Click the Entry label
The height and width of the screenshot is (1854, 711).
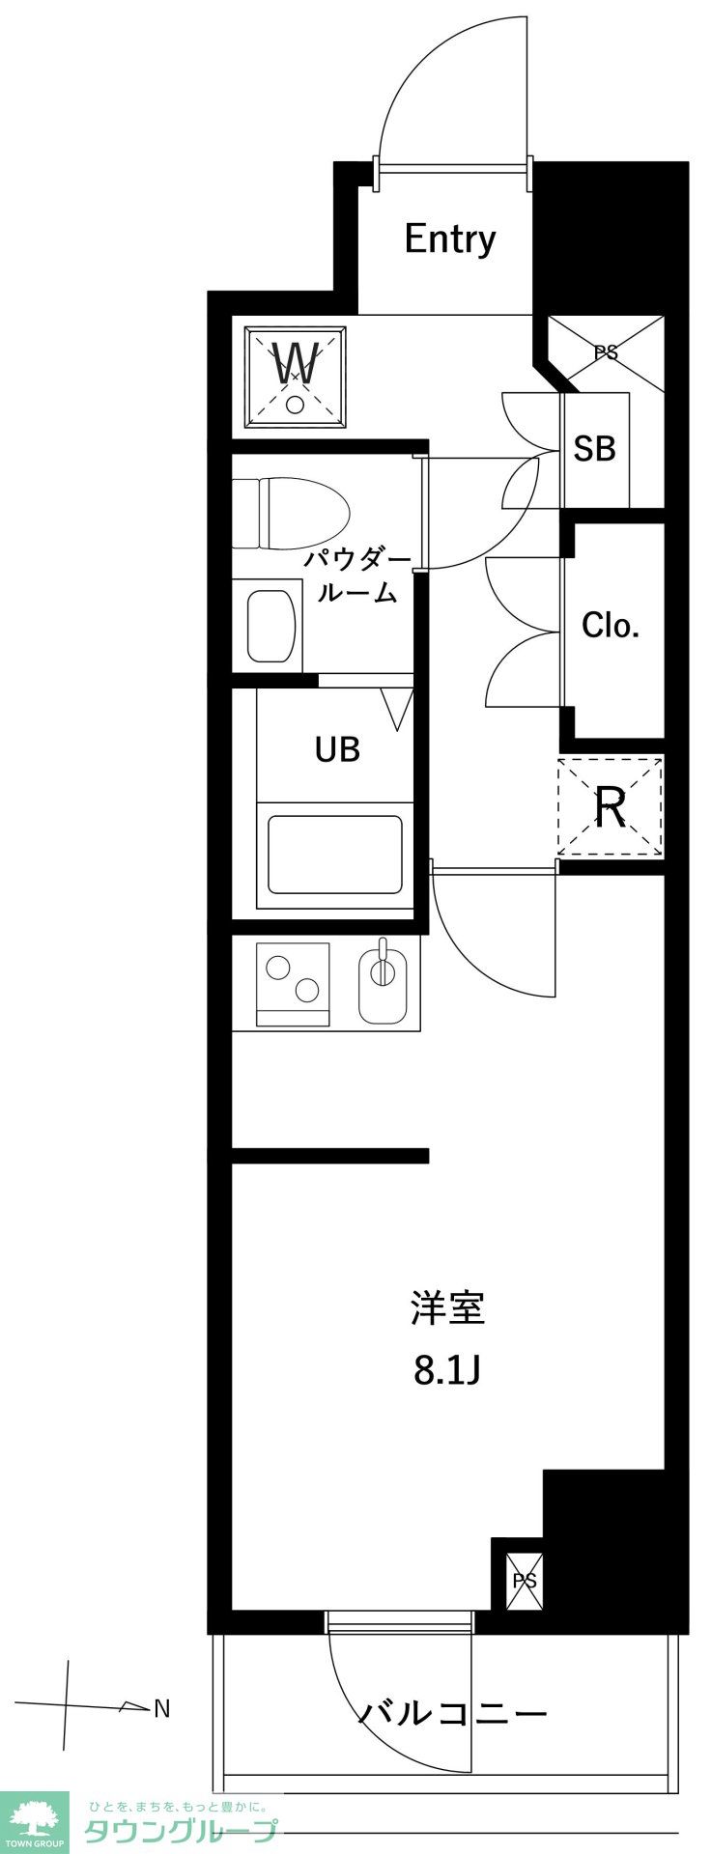(x=450, y=239)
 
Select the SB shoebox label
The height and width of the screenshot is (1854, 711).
(x=594, y=448)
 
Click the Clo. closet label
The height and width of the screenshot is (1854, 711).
(x=611, y=626)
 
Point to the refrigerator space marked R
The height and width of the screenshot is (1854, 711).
(x=611, y=807)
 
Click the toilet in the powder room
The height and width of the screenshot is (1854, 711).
(x=292, y=517)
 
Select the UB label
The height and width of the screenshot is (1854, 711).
(x=337, y=748)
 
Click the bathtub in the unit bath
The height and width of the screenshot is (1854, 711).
(x=334, y=856)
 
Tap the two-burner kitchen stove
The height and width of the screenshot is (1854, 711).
(x=293, y=983)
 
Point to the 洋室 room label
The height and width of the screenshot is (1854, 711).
(x=447, y=1307)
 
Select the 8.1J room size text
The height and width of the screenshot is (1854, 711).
(x=447, y=1370)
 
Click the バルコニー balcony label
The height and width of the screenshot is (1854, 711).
(x=453, y=1714)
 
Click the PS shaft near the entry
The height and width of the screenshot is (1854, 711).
(x=607, y=352)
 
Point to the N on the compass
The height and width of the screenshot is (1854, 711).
(x=162, y=1709)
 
